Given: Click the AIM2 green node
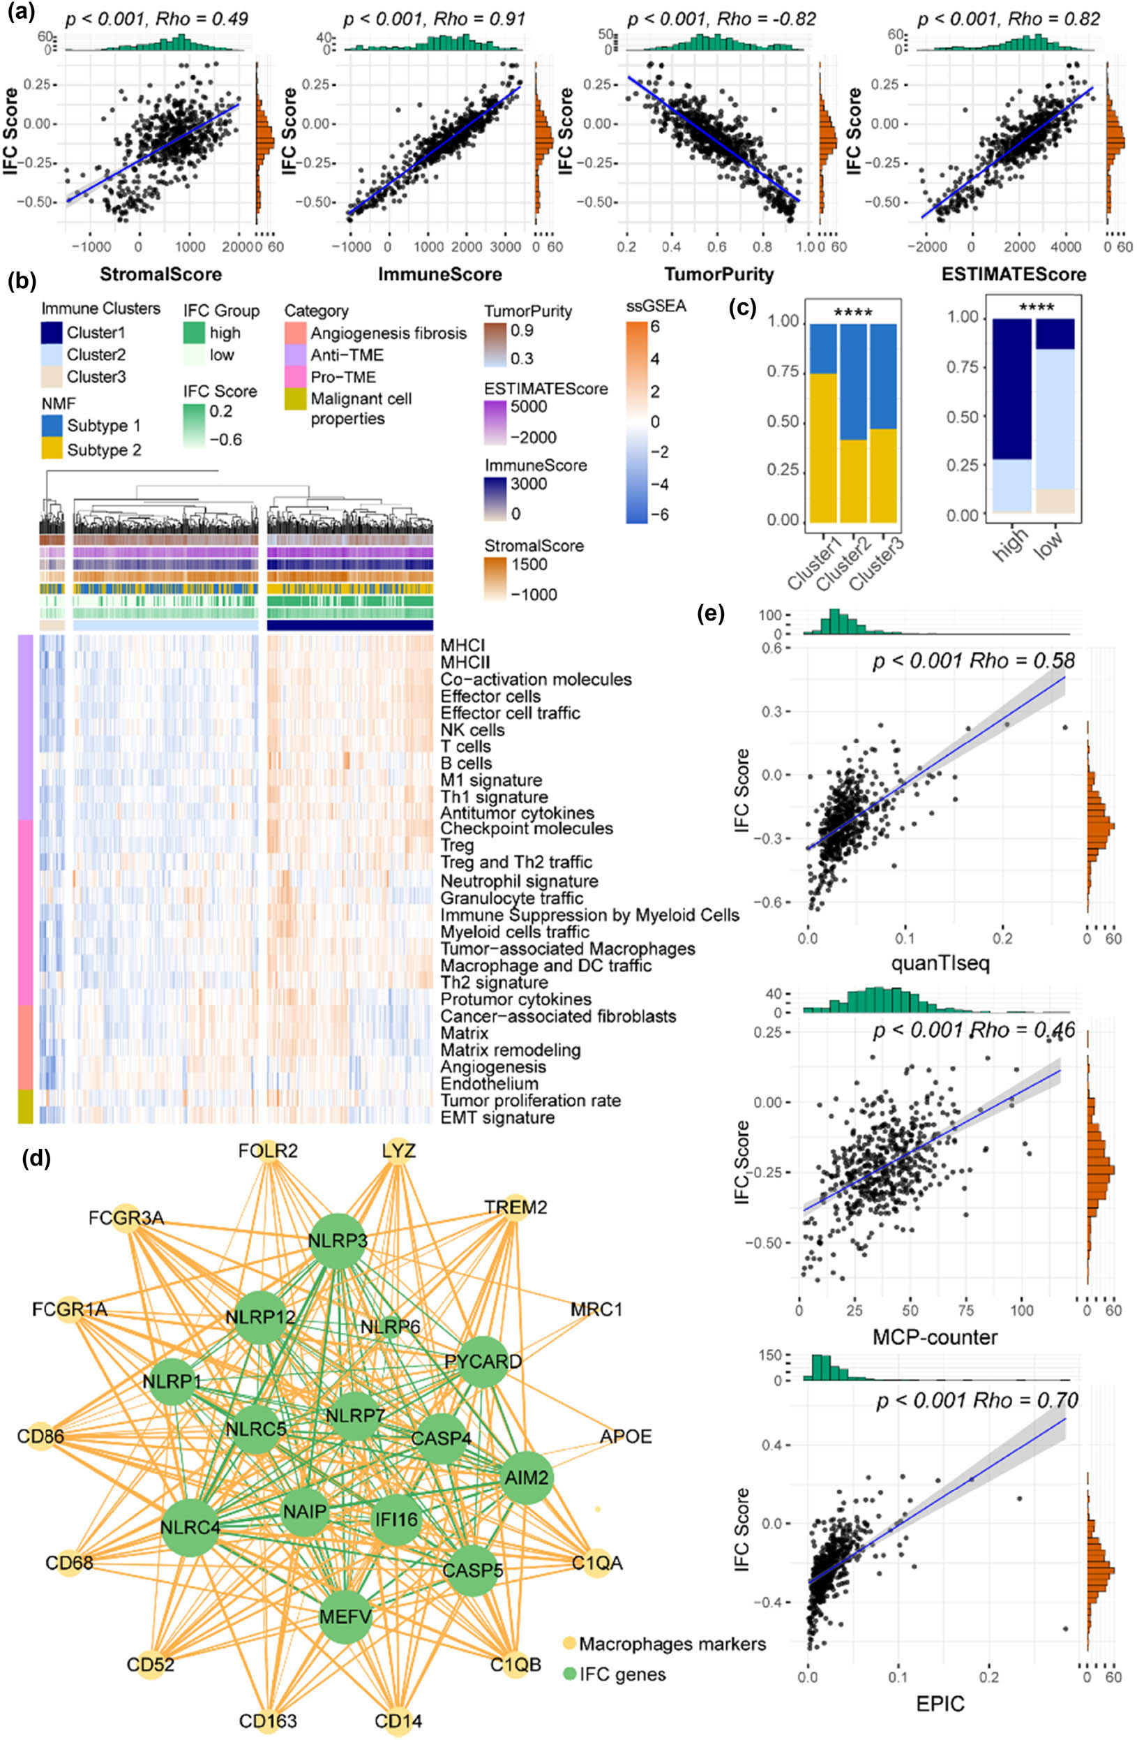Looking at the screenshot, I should pos(526,1478).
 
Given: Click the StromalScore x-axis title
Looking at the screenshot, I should pos(160,275).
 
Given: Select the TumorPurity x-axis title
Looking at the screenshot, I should pos(711,275).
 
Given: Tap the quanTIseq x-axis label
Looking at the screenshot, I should pos(940,963).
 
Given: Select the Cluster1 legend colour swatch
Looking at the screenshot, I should pos(52,333).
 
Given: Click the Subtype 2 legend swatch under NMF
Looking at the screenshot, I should pos(52,449).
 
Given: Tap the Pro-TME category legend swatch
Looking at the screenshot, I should pos(295,377).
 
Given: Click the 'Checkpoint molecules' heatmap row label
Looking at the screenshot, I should pos(526,828).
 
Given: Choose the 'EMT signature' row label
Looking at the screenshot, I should pos(497,1118).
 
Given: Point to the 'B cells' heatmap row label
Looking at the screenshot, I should pos(465,764).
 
